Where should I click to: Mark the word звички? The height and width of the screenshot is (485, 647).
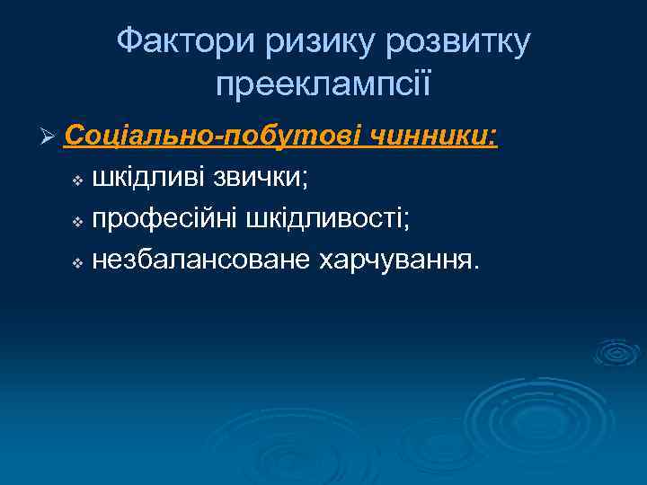[258, 178]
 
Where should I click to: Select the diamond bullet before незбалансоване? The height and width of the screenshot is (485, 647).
[77, 263]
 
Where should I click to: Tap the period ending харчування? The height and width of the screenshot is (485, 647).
[476, 268]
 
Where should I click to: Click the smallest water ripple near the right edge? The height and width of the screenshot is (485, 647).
[618, 351]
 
